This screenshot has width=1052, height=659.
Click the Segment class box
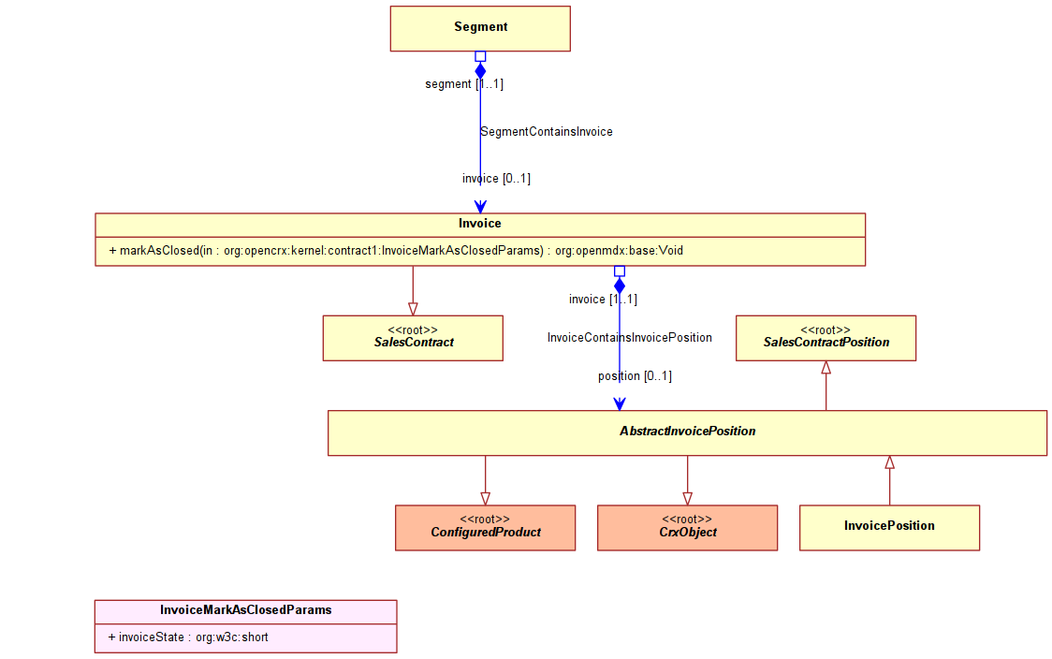[480, 29]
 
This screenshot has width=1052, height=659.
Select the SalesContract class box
[413, 338]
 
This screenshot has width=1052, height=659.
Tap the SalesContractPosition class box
[826, 338]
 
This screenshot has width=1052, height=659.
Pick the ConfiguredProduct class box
[485, 528]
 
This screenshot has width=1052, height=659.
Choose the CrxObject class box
[688, 528]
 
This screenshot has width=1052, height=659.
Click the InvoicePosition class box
[890, 528]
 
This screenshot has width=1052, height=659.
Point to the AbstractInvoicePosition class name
[688, 431]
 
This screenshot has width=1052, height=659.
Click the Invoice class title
[480, 224]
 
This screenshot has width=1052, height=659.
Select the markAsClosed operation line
[396, 251]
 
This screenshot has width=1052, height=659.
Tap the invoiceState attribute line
[188, 637]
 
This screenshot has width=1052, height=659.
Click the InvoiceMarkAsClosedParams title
[245, 610]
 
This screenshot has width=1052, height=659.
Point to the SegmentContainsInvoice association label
[547, 132]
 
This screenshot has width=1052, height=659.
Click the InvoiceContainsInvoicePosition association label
[629, 338]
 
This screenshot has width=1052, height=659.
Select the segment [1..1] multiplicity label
[464, 84]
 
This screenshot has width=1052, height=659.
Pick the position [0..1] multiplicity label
[635, 375]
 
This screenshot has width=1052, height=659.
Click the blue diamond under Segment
[480, 71]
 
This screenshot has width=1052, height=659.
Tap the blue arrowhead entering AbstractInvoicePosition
[620, 404]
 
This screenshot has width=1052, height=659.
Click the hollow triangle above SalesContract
[413, 309]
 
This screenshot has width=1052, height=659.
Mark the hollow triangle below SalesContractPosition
[826, 368]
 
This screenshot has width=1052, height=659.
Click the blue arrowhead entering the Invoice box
[480, 207]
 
